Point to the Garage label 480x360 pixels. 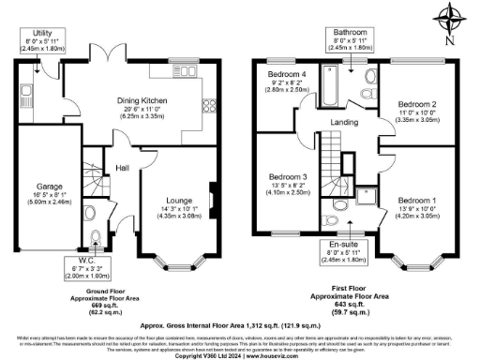click(x=37, y=192)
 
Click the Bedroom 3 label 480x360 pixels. click(x=289, y=182)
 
